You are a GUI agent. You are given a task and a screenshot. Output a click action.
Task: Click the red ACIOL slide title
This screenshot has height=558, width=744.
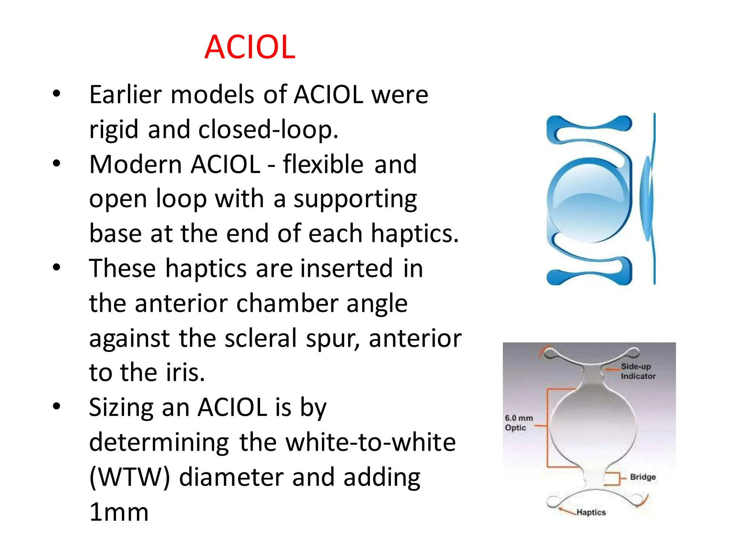[250, 47]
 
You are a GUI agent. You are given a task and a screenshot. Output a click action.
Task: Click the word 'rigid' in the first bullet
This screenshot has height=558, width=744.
[114, 129]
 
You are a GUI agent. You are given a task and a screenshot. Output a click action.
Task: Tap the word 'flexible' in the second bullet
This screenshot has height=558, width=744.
[323, 164]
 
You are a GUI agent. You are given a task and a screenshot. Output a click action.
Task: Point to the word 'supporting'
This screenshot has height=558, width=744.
[355, 199]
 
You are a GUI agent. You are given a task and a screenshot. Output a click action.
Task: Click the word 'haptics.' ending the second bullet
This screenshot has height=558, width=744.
[415, 233]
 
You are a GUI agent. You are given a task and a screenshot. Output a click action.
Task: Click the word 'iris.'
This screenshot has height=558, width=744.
[185, 373]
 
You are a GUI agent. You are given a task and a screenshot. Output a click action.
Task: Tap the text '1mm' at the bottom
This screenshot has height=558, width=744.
[119, 512]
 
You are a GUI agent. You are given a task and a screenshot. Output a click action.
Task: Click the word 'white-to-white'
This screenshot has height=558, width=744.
[370, 442]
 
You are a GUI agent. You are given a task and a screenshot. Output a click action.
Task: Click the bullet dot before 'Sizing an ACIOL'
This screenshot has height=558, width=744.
[56, 406]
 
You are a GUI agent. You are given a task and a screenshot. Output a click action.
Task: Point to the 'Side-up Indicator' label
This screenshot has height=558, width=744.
[638, 371]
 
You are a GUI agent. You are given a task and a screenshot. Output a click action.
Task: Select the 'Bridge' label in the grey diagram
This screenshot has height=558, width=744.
[642, 477]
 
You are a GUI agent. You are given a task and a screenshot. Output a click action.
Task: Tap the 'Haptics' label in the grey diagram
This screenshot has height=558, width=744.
[591, 512]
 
